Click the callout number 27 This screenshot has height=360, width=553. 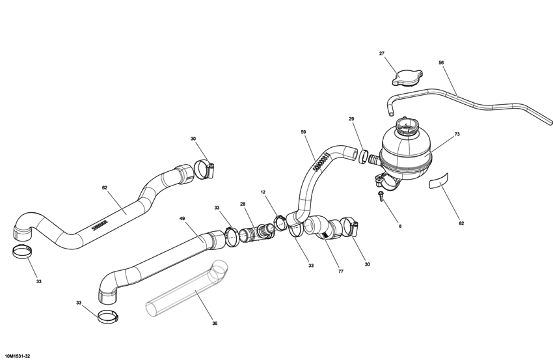tap(382, 53)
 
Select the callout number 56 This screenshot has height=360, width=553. tap(441, 63)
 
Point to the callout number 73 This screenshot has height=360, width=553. tap(457, 134)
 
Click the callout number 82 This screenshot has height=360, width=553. tap(461, 223)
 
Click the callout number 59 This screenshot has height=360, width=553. tap(303, 132)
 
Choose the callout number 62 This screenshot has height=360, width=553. tap(105, 188)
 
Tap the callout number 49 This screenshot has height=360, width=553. tap(182, 219)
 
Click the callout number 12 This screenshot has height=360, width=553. tap(263, 192)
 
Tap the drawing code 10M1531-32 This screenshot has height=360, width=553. tap(18, 355)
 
